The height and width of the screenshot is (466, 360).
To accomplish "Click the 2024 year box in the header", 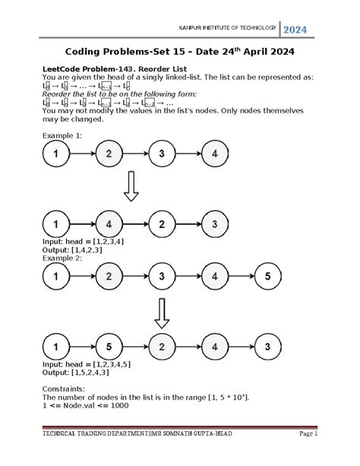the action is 296,30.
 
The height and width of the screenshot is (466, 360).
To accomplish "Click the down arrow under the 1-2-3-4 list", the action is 131,187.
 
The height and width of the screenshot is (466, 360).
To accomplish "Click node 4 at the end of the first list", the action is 216,154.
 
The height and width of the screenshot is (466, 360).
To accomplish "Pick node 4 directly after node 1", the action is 109,224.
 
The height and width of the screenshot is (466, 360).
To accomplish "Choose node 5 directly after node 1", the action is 109,347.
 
